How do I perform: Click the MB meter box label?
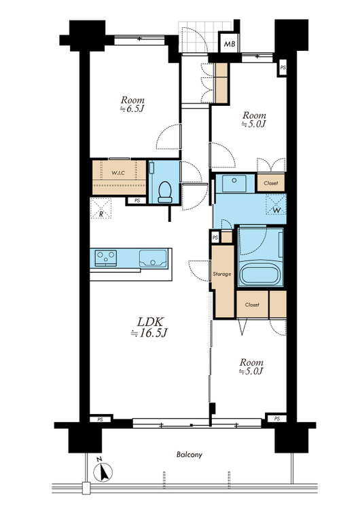[x=230, y=44]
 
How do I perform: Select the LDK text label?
[x=150, y=322]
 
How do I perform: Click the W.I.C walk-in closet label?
[x=118, y=173]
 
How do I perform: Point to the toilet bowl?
[x=165, y=192]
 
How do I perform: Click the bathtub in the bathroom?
[x=259, y=274]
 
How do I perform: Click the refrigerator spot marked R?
[x=101, y=208]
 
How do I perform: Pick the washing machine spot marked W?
[x=276, y=204]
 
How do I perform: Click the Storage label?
[x=222, y=274]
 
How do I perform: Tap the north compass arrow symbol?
[x=103, y=471]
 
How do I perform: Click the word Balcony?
[x=190, y=455]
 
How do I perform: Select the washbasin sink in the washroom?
[x=234, y=184]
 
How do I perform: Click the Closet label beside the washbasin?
[x=270, y=183]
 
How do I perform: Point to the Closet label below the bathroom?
[x=252, y=305]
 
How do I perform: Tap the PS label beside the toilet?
[x=137, y=201]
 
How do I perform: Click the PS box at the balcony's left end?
[x=100, y=419]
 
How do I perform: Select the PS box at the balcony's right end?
[x=277, y=419]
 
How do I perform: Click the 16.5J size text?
[x=149, y=333]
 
